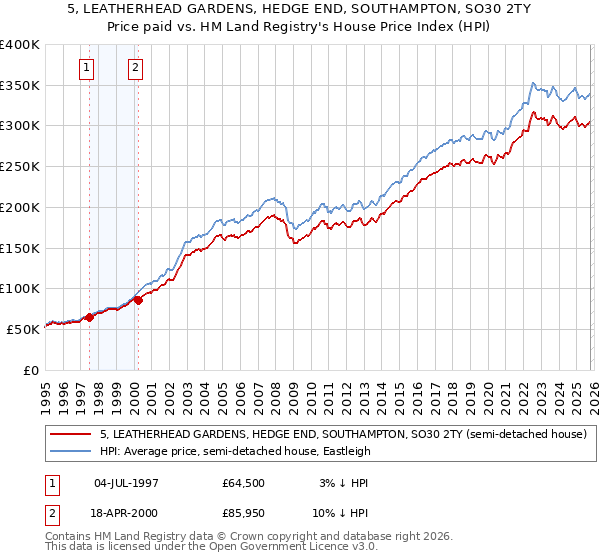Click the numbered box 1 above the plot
click(86, 68)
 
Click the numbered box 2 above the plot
click(135, 68)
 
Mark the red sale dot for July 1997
click(89, 317)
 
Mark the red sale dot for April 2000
click(138, 299)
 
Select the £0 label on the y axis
click(30, 370)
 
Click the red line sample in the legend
click(71, 434)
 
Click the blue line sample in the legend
click(71, 451)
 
